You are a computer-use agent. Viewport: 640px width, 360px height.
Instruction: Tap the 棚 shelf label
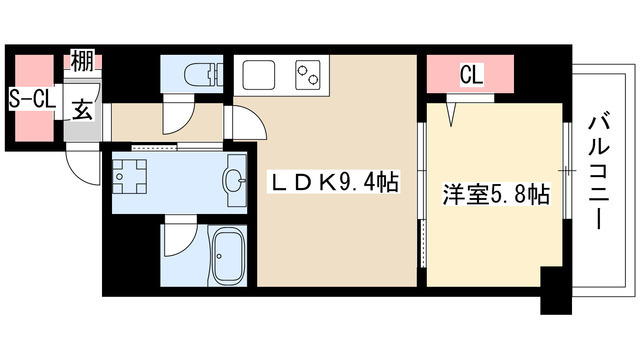click(82, 61)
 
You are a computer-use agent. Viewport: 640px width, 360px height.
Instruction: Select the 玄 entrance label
click(82, 111)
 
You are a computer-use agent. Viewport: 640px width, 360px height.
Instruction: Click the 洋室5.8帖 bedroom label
click(495, 193)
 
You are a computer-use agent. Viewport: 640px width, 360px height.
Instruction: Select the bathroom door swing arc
click(178, 240)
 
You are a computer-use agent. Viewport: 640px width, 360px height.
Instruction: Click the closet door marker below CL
click(456, 114)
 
